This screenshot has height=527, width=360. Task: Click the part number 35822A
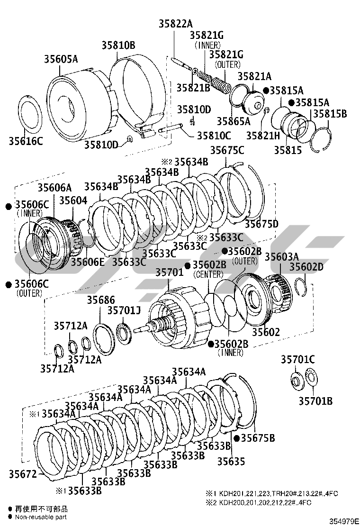click(x=176, y=23)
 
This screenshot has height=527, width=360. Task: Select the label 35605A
click(x=61, y=59)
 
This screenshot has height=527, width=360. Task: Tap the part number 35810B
click(x=118, y=45)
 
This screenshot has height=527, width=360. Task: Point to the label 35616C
click(x=26, y=141)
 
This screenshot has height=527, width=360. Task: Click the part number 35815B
click(x=330, y=114)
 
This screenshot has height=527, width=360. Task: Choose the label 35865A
click(x=234, y=121)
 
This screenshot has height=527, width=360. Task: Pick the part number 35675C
click(x=227, y=150)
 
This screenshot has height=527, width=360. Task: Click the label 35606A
click(x=55, y=187)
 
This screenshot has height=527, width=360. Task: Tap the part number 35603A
click(x=282, y=256)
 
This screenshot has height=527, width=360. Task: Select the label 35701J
click(x=124, y=310)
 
